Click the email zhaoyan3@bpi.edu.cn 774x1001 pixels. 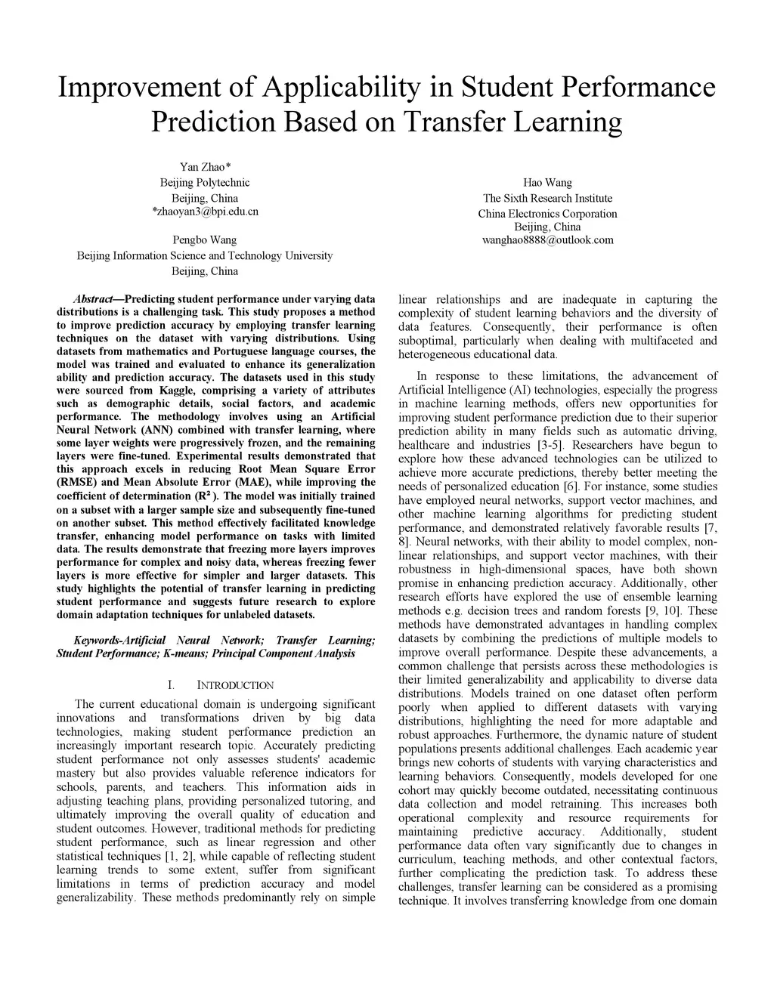tap(206, 211)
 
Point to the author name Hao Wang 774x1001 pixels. tap(547, 182)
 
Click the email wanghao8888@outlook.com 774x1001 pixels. tap(547, 240)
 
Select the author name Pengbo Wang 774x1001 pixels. tap(205, 239)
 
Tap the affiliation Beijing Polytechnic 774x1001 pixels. tap(205, 182)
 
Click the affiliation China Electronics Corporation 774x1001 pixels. tap(547, 214)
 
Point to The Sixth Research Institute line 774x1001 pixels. tap(547, 198)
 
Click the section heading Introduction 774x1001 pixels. tap(235, 685)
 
